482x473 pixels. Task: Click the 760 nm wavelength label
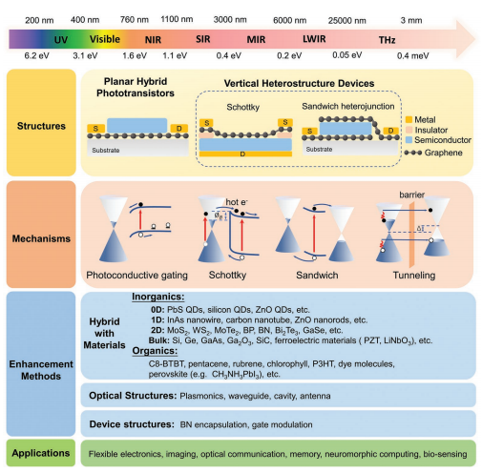coord(135,20)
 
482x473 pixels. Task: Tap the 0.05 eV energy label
coord(347,55)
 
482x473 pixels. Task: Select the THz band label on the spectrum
coord(387,40)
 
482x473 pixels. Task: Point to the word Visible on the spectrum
coord(105,39)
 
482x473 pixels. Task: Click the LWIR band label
coord(314,39)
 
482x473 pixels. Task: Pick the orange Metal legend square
coord(409,119)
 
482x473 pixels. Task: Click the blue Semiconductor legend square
coord(409,140)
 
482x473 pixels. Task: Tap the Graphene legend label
coord(443,153)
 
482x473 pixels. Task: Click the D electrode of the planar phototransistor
coord(179,129)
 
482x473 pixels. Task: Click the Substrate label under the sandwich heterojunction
coord(319,149)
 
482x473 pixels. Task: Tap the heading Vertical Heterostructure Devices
coord(299,83)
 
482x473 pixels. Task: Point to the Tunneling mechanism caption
coord(414,275)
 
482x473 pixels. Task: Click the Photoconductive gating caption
coord(136,276)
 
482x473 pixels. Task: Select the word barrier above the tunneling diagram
coord(411,195)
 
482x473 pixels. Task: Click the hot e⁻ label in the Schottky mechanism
coord(237,202)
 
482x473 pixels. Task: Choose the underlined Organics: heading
coord(155,351)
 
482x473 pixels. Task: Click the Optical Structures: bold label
coord(133,396)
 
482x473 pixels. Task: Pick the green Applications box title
coord(41,453)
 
